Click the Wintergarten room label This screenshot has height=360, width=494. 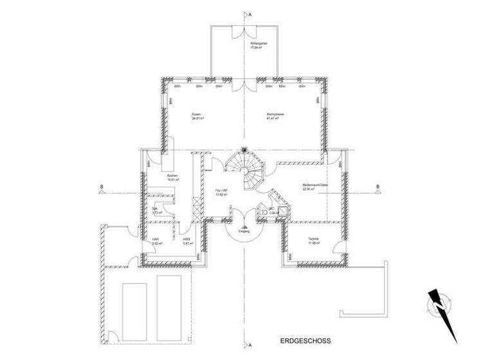click(x=259, y=42)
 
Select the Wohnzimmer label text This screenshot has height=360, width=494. click(x=275, y=114)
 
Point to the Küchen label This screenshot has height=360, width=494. click(x=172, y=175)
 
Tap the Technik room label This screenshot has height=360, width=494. click(x=313, y=239)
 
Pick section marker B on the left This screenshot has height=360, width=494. click(x=101, y=188)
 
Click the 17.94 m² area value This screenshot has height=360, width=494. click(x=259, y=47)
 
